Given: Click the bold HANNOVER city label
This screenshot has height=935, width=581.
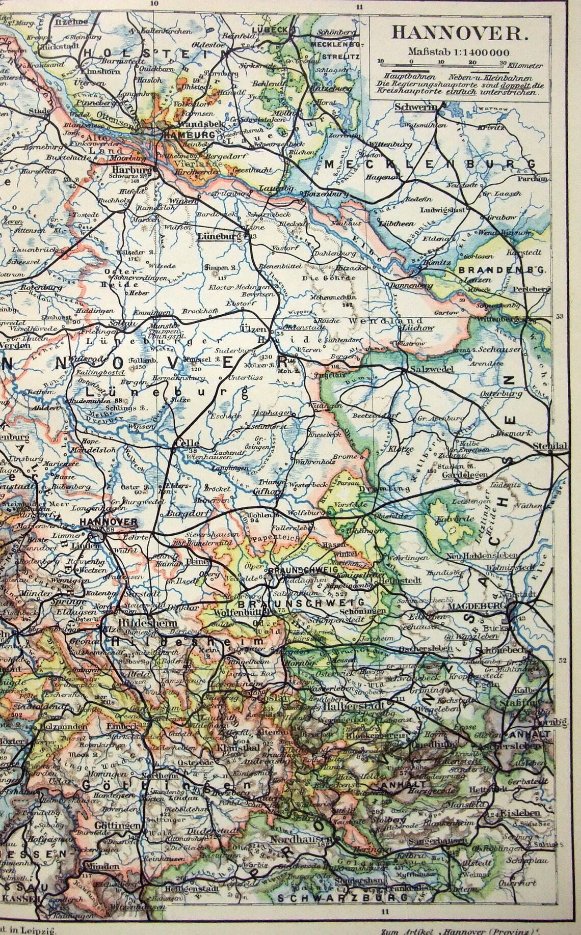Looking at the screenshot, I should coord(109,522).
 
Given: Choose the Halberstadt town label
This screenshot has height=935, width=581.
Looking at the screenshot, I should coord(361,708).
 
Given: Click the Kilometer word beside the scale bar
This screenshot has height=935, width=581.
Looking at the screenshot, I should coord(526,67).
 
